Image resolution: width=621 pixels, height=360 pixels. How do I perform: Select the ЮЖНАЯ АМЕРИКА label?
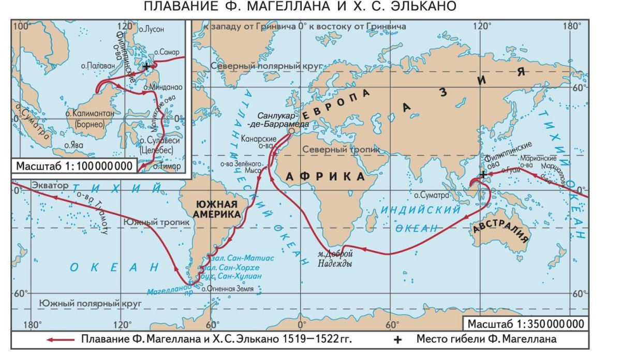point(216,208)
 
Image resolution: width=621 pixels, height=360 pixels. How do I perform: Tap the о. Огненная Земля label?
point(227,289)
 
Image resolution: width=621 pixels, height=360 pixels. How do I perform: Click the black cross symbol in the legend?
point(397,340)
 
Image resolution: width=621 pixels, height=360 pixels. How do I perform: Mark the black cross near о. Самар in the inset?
point(146,67)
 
